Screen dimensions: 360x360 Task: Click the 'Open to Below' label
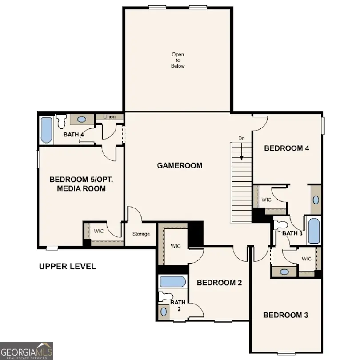[x=178, y=60]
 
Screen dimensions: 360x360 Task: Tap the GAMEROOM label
[x=180, y=166]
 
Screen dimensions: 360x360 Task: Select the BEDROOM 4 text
[x=286, y=148]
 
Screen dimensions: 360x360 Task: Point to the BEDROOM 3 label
[x=286, y=315]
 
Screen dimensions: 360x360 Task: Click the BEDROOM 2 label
[x=219, y=283]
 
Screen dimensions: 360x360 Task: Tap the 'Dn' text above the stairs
[x=241, y=138]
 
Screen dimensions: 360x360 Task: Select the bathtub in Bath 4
[x=46, y=129]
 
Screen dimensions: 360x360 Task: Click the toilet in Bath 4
[x=62, y=120]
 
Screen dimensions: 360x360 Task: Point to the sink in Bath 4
[x=82, y=120]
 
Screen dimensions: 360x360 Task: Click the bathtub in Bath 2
[x=172, y=282]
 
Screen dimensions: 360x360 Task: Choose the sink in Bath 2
[x=164, y=312]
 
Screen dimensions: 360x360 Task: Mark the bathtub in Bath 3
[x=314, y=230]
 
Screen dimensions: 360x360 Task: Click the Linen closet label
[x=109, y=117]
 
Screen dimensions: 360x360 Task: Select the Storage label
[x=141, y=234]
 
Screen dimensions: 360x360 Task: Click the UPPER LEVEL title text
[x=67, y=267]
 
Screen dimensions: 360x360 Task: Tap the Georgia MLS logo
[x=27, y=351]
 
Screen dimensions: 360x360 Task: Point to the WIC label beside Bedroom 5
[x=98, y=231]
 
